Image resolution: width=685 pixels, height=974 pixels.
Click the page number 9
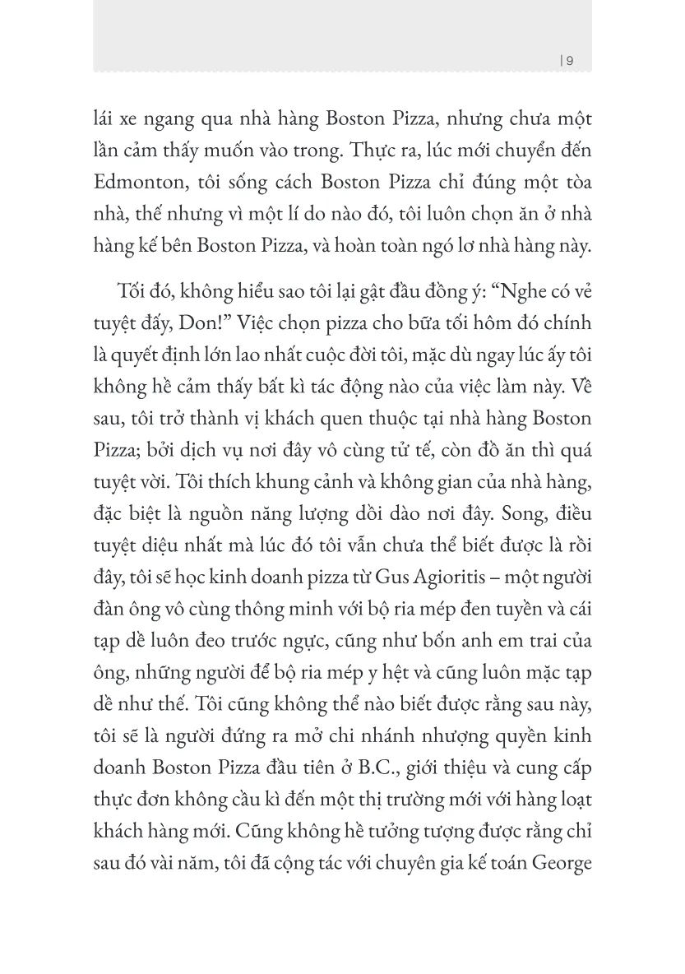571,60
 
